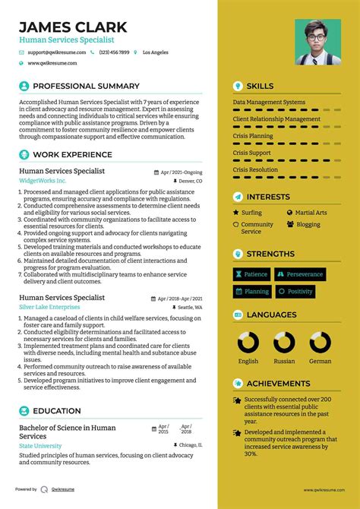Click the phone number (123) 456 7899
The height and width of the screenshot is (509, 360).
tap(114, 52)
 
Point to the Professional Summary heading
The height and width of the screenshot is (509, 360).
tap(86, 86)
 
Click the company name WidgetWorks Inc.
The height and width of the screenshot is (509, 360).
tap(43, 182)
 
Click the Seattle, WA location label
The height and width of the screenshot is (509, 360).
tap(190, 307)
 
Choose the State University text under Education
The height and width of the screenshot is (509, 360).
tap(40, 446)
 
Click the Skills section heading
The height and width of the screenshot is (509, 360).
tap(260, 86)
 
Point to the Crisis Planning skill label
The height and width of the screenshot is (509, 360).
tap(253, 136)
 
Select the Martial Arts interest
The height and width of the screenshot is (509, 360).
tap(311, 213)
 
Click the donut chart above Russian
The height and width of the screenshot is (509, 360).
tap(284, 343)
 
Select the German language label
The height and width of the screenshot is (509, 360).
tap(320, 361)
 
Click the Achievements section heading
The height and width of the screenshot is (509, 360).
tap(278, 384)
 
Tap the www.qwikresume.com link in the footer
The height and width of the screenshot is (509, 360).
tap(324, 490)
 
